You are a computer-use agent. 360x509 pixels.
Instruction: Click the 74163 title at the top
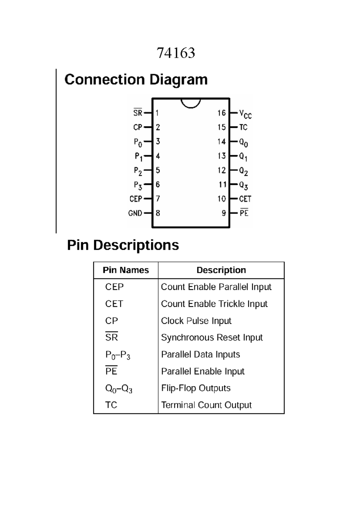(176, 53)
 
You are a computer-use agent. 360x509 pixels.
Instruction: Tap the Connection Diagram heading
(136, 80)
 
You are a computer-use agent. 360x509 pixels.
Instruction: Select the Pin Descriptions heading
(123, 245)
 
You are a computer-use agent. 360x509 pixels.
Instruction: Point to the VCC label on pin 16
(245, 114)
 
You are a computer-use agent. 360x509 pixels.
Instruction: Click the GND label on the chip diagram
(135, 213)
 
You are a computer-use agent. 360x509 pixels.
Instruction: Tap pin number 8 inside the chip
(158, 213)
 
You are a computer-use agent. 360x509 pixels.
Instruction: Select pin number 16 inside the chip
(222, 113)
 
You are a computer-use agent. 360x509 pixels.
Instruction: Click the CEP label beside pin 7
(136, 199)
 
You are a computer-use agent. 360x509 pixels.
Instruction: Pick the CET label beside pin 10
(245, 199)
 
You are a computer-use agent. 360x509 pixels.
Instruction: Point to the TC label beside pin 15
(243, 127)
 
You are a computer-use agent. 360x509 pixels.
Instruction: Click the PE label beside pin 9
(244, 213)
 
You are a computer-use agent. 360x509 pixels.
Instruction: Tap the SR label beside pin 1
(138, 113)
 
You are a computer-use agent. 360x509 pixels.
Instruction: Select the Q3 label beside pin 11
(243, 185)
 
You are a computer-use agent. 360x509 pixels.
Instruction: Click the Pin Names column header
(126, 270)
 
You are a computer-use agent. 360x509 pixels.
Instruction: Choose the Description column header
(221, 270)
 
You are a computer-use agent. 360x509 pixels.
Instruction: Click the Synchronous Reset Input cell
(212, 338)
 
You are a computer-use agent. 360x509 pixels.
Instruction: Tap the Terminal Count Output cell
(206, 405)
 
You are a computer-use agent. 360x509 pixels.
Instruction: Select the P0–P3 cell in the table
(118, 355)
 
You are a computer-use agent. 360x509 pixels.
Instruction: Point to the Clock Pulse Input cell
(196, 321)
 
